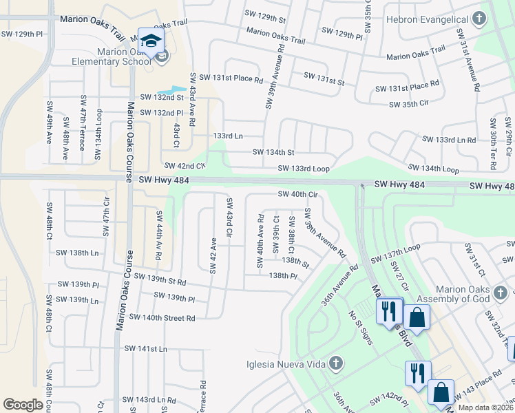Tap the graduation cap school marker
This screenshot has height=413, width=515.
point(150,41)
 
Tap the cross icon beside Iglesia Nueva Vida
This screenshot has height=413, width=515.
point(335,363)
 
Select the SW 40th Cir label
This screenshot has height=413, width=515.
point(297,194)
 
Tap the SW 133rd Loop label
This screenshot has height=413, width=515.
point(304,169)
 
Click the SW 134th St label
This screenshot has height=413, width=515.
point(273,152)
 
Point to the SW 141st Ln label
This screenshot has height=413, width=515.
point(145,349)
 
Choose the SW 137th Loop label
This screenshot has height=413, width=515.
point(395,257)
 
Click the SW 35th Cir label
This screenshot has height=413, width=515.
point(414,105)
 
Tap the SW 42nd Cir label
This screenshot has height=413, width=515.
point(185,166)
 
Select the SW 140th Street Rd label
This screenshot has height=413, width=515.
point(162,318)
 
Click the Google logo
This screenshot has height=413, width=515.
point(23,404)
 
